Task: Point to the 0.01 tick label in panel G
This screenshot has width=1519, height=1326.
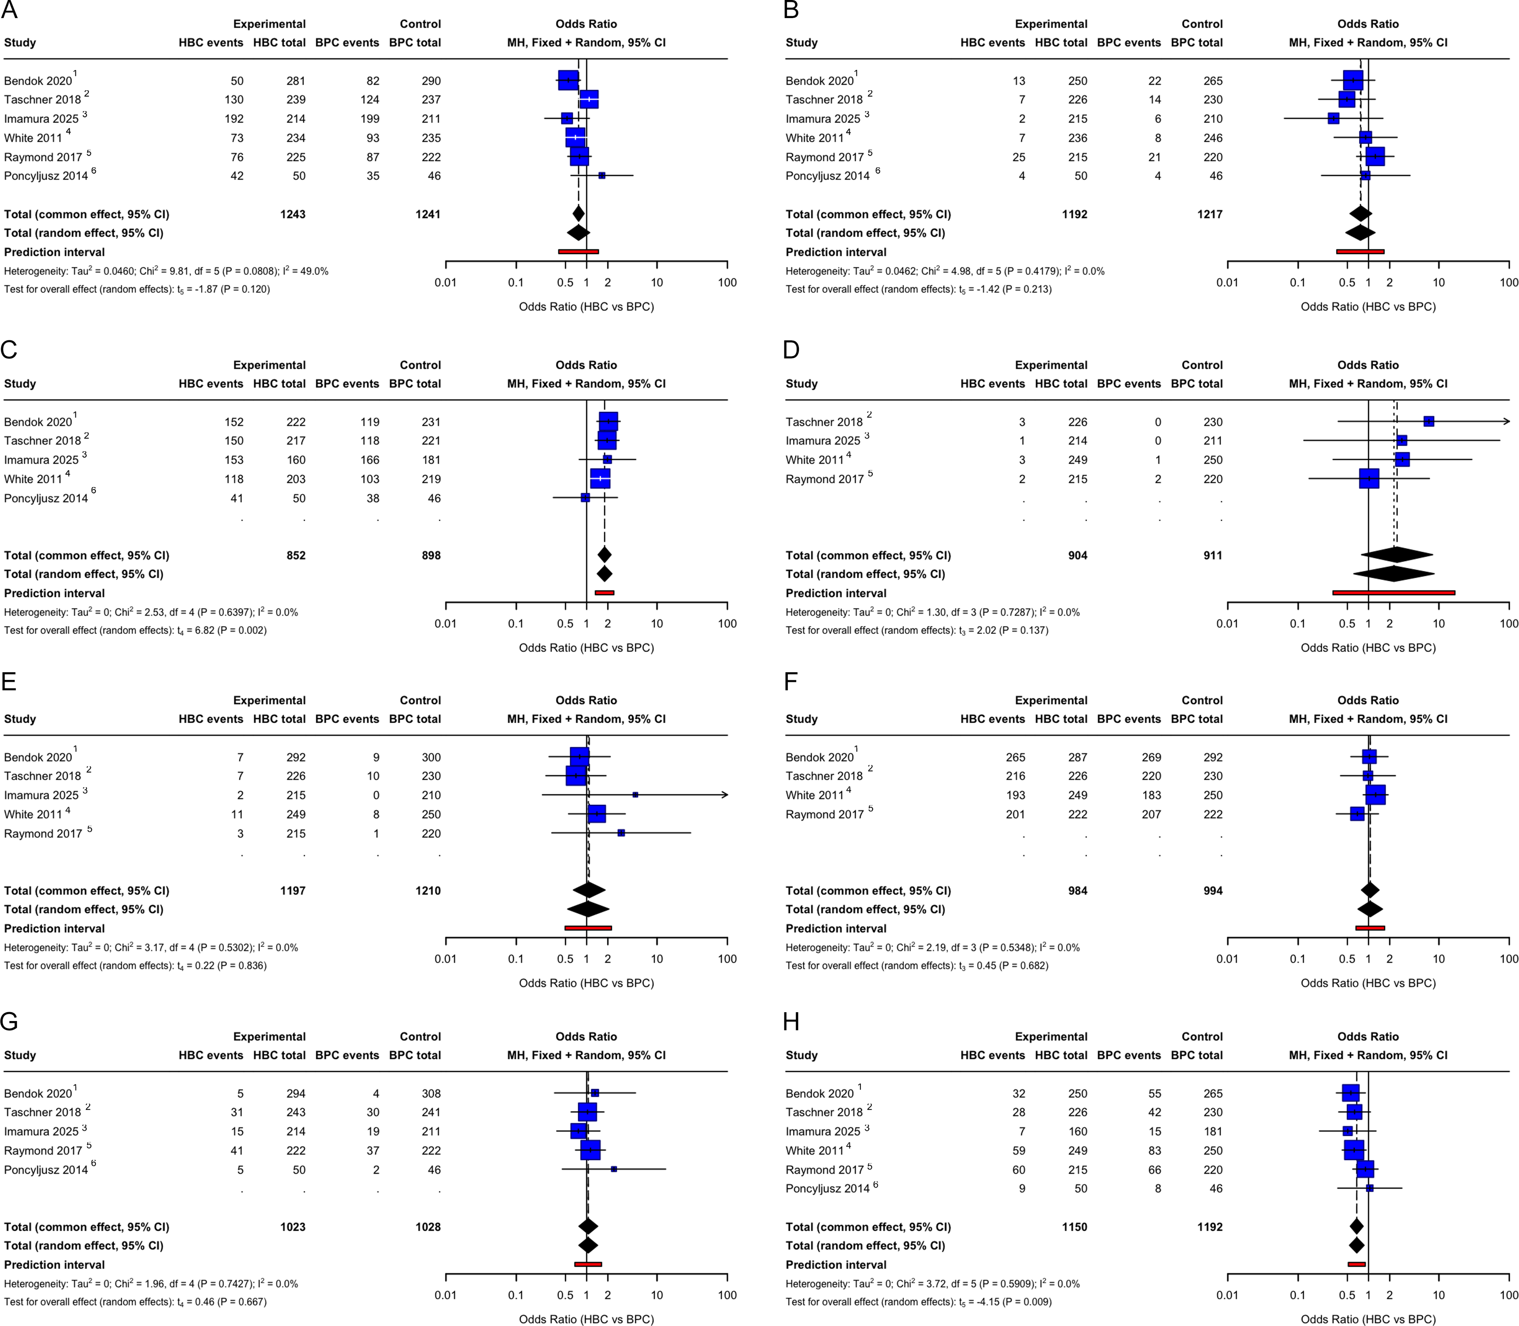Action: point(446,1295)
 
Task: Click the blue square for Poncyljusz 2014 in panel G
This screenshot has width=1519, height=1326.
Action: point(614,1169)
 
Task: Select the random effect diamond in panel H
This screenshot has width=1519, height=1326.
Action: point(1356,1245)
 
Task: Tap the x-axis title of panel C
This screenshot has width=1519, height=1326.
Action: point(586,648)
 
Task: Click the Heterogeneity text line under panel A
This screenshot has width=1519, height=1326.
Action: point(167,271)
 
